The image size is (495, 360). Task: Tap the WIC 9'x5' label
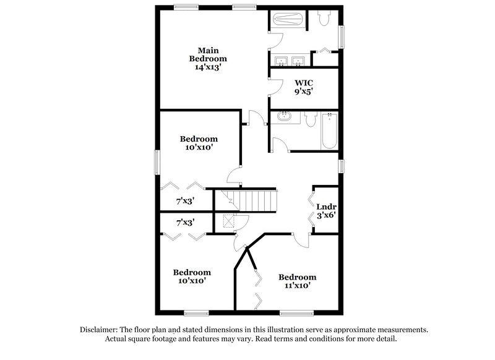[x=303, y=86]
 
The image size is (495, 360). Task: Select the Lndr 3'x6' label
[x=326, y=211]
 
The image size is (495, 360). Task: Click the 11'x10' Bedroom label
[x=297, y=281]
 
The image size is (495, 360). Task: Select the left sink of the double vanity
[x=283, y=61]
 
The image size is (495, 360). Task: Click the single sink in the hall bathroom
[x=286, y=116]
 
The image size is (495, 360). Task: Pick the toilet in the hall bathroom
[x=311, y=119]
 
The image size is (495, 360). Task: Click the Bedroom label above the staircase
[x=199, y=144]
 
